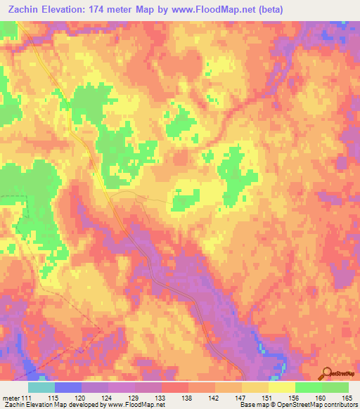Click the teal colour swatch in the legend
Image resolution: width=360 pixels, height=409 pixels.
coord(41,387)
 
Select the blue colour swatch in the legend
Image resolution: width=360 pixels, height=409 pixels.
coord(68,387)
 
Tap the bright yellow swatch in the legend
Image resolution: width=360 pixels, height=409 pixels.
coord(281,387)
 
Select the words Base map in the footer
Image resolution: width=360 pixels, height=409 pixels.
coord(253,405)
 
